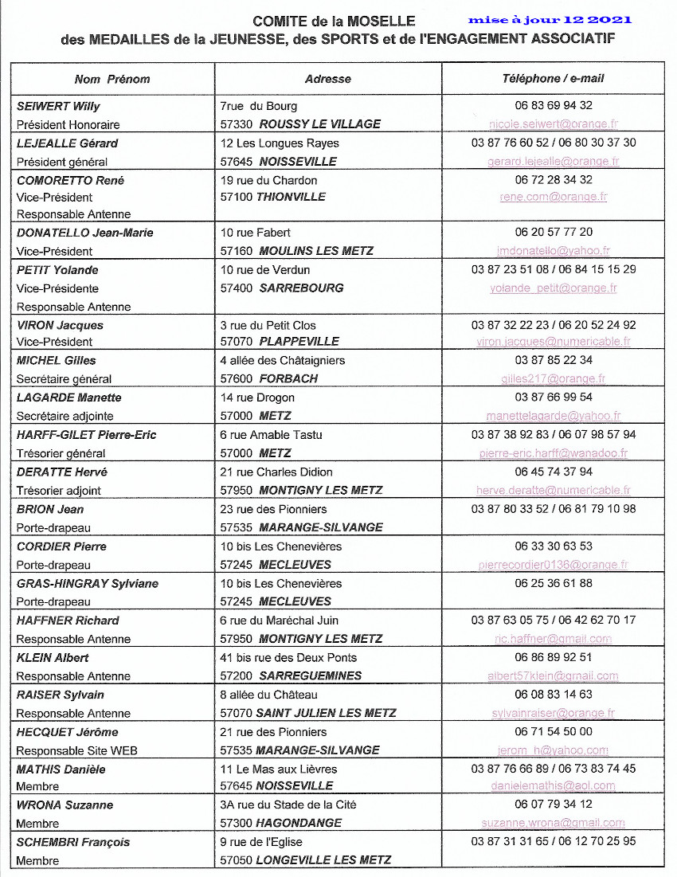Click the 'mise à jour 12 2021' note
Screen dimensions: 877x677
click(x=550, y=19)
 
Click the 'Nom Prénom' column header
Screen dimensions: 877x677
click(x=112, y=79)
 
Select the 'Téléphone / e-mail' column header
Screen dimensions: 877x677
click(x=553, y=78)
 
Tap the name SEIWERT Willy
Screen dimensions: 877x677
click(x=59, y=106)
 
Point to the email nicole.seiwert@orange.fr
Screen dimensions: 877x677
click(x=554, y=124)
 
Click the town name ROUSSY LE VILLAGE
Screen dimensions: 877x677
click(x=320, y=124)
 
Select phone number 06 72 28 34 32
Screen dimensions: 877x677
click(x=554, y=179)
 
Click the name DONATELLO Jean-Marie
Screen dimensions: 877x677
click(x=85, y=233)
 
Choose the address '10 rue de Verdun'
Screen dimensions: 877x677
click(x=265, y=270)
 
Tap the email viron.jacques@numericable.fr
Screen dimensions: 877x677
click(x=554, y=342)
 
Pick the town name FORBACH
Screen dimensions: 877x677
click(x=288, y=379)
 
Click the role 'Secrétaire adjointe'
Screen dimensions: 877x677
click(x=65, y=416)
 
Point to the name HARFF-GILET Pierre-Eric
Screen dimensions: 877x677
click(x=87, y=435)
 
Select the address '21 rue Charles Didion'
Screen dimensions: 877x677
click(x=276, y=472)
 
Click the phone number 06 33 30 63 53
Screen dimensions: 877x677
click(x=554, y=546)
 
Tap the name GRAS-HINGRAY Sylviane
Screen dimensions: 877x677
click(x=88, y=583)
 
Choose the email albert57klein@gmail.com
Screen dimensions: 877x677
click(x=554, y=676)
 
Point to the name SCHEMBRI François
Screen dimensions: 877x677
click(x=73, y=842)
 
